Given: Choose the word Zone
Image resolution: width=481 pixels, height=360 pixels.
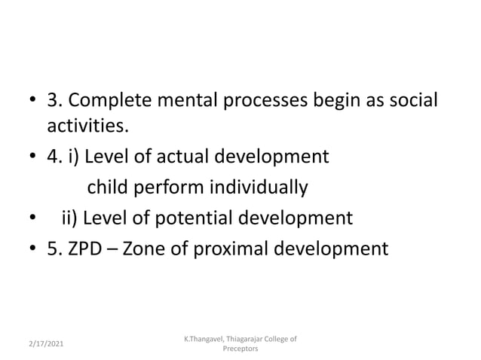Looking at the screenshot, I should tap(147, 248).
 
